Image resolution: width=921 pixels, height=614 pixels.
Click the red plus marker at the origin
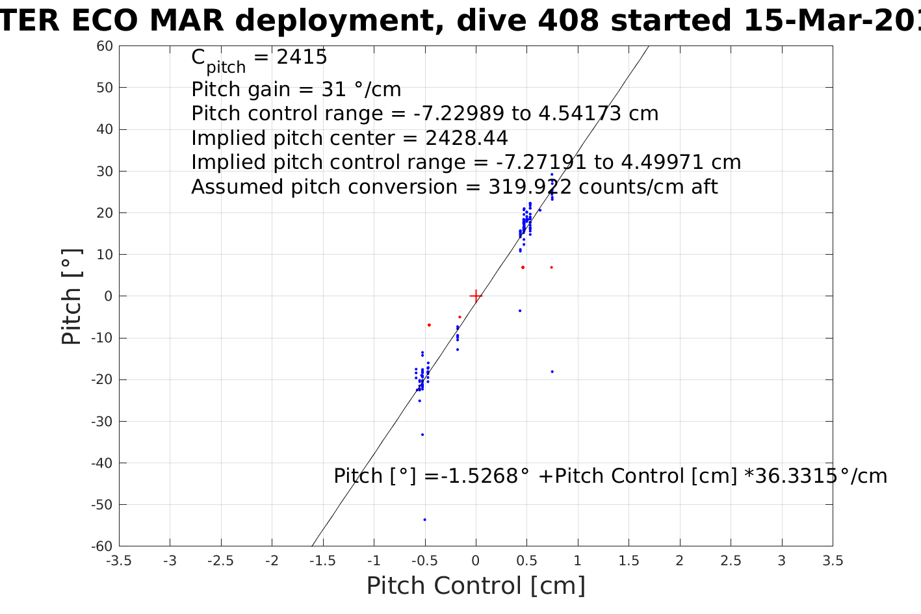476,296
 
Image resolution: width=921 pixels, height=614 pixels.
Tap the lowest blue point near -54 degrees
424,519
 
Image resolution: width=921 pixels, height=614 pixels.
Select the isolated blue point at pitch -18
552,372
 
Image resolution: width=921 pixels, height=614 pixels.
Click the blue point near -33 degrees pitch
422,435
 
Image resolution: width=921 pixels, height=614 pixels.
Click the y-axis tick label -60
103,546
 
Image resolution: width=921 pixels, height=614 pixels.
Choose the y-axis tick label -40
103,463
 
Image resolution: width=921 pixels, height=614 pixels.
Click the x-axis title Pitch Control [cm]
476,586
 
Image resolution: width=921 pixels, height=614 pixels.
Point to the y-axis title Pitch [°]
72,296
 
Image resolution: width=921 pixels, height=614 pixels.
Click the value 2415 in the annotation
302,58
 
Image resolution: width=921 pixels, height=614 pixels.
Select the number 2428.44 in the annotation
466,138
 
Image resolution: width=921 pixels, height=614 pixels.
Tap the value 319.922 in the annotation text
530,187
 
